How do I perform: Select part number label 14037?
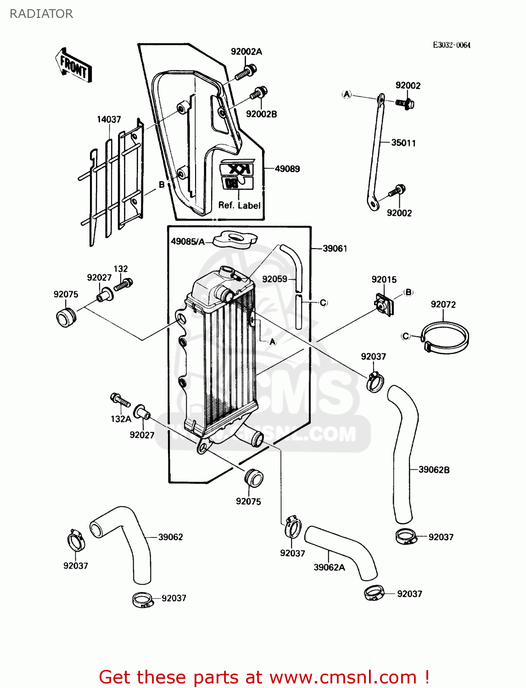(109, 120)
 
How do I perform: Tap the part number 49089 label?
(287, 169)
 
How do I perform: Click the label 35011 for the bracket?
(403, 143)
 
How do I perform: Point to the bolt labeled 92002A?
(246, 73)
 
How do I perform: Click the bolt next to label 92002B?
(258, 93)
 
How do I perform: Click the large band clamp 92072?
(445, 338)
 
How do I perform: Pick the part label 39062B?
(434, 470)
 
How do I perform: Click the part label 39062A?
(329, 567)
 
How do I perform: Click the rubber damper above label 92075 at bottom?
(253, 477)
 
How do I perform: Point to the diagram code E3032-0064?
(452, 45)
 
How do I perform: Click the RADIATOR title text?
(41, 14)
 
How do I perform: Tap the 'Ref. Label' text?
(239, 205)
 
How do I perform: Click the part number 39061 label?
(335, 249)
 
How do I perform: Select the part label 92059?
(274, 279)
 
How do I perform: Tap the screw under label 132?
(123, 284)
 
